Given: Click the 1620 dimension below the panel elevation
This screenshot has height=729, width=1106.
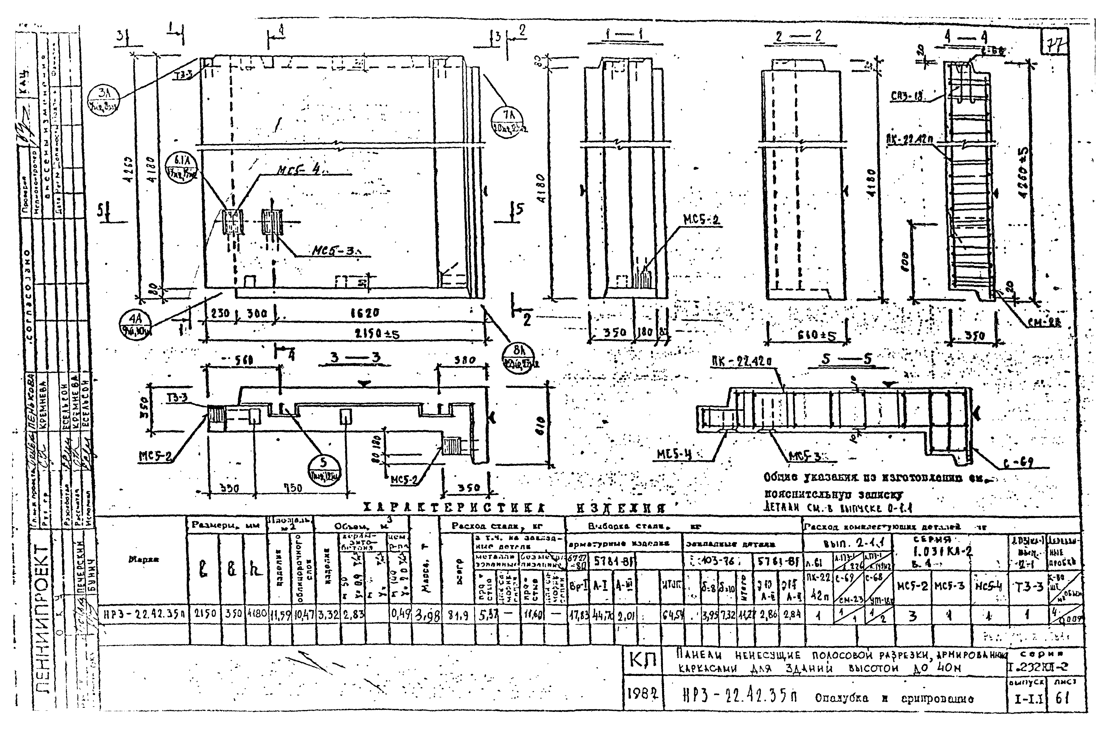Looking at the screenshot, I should (365, 313).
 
